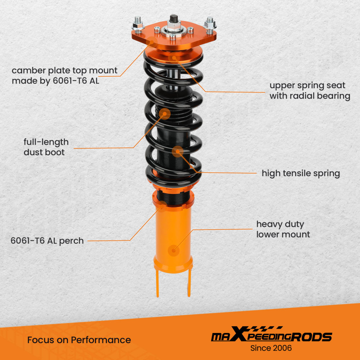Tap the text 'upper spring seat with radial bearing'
[310, 91]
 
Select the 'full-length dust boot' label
[46, 147]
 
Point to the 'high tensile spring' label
[301, 174]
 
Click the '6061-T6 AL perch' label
[47, 240]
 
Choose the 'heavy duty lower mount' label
[283, 229]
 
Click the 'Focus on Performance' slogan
[79, 340]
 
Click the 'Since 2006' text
[271, 348]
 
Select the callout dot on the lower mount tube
[175, 249]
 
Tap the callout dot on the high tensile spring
[177, 152]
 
